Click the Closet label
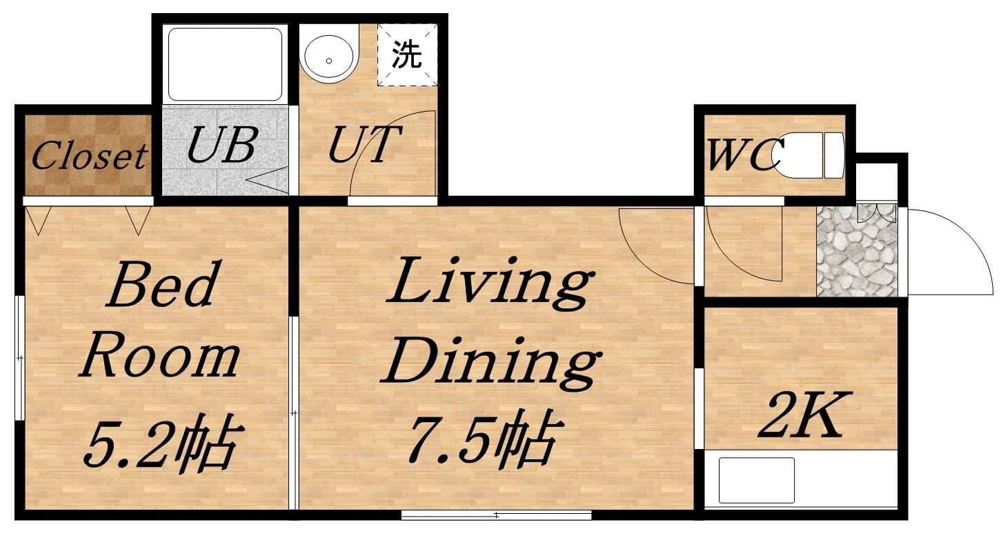tap(90, 156)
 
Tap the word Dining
tap(490, 365)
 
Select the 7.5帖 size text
tap(483, 439)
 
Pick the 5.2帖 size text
tap(163, 441)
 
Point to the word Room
tap(159, 359)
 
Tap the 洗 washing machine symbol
tap(406, 54)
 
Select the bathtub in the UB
tap(225, 64)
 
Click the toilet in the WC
tap(809, 155)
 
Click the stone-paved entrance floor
tap(857, 251)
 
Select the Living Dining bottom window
tap(497, 515)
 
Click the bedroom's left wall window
tap(20, 357)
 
